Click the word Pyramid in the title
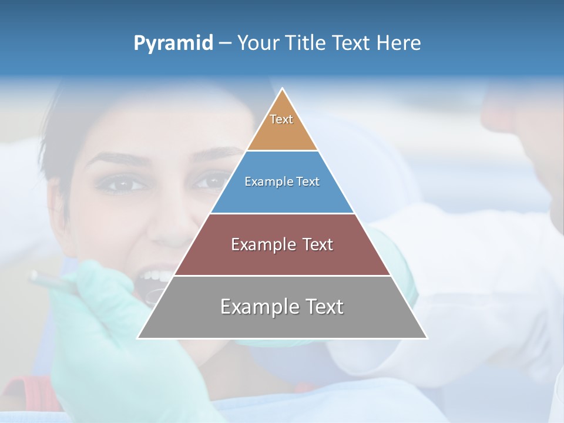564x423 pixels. (173, 43)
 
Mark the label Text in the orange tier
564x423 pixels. (281, 119)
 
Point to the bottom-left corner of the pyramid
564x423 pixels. (139, 337)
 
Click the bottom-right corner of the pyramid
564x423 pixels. (426, 337)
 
